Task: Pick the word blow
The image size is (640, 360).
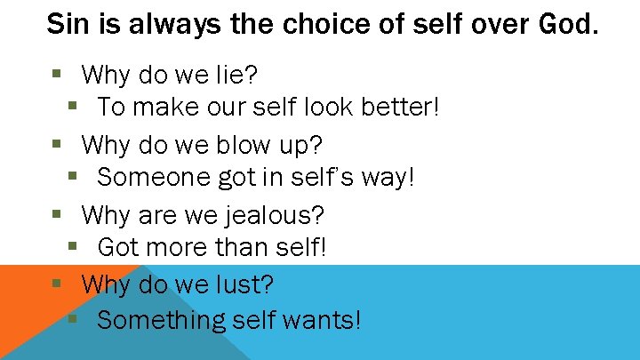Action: pyautogui.click(x=244, y=143)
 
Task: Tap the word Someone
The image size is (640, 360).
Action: pyautogui.click(x=153, y=178)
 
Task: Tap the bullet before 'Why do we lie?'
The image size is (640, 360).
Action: pyautogui.click(x=56, y=73)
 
